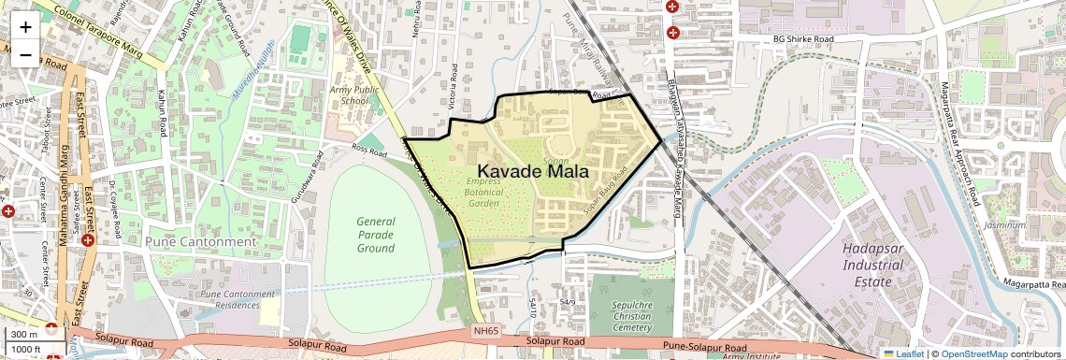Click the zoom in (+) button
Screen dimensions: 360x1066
(25, 26)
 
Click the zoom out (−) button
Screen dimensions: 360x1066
(25, 54)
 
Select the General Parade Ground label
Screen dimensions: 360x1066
(376, 235)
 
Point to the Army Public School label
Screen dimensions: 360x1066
(354, 94)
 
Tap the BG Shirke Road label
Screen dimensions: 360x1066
(802, 39)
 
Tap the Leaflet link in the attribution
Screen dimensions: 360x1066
(903, 353)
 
